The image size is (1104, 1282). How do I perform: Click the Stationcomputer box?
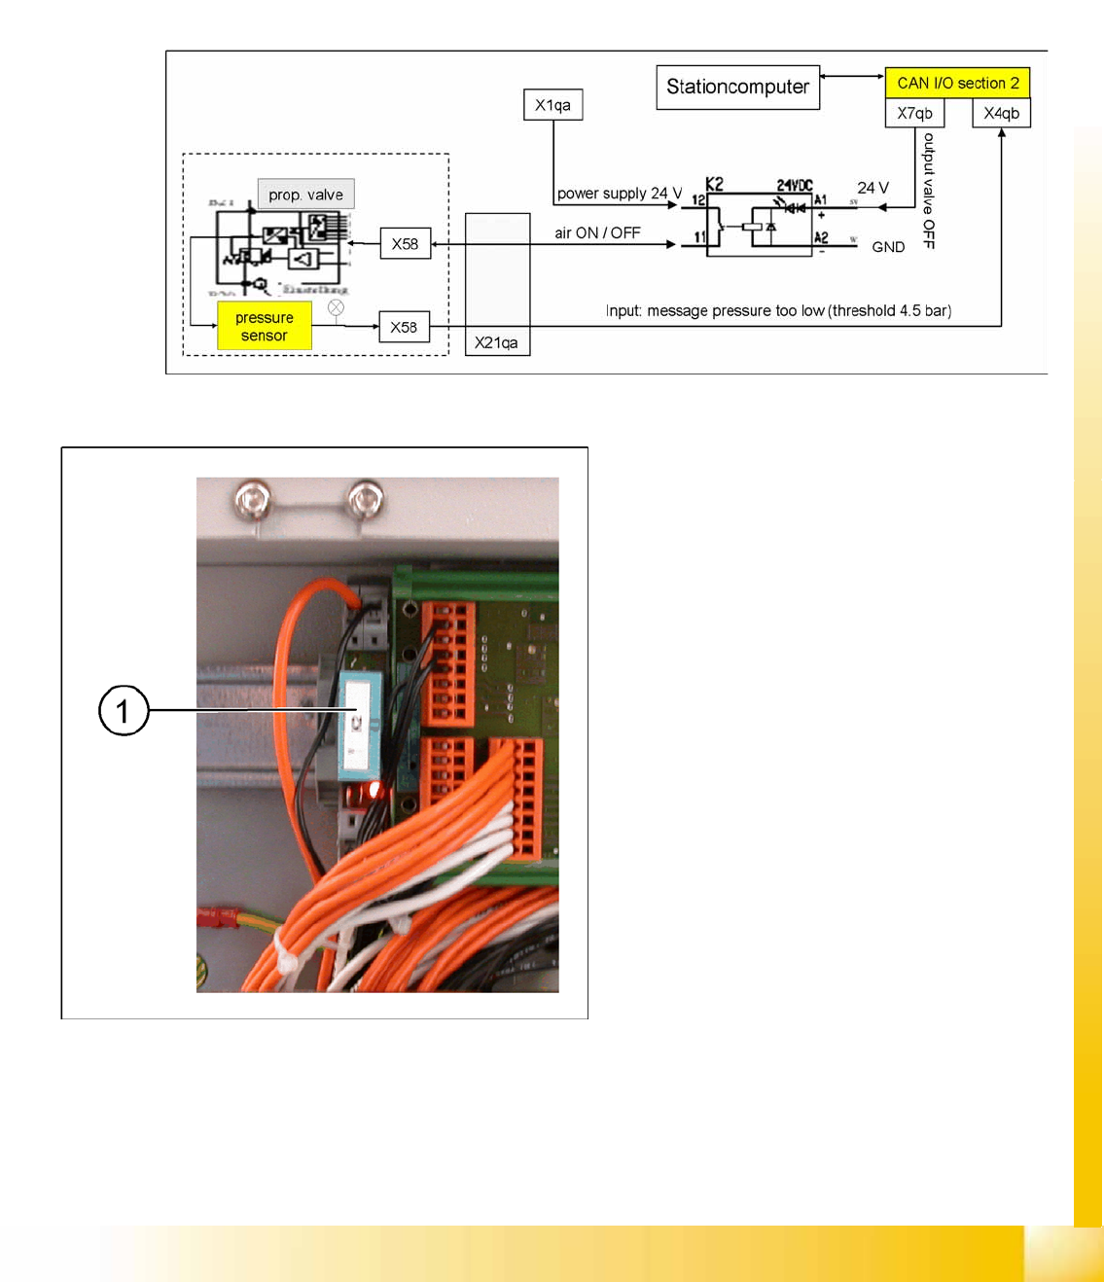point(737,88)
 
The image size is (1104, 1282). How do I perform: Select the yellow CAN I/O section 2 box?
point(957,83)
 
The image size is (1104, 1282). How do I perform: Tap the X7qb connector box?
point(914,113)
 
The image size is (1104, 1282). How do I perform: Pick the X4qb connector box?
point(1001,113)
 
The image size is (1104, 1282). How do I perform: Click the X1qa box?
point(552,105)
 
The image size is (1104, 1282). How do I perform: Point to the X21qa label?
point(496,342)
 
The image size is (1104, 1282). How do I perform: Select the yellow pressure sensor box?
point(264,327)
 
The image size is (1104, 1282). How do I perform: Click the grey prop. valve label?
point(305,195)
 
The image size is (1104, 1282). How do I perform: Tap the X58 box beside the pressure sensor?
point(404,327)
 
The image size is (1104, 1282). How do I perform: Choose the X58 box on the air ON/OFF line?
point(405,243)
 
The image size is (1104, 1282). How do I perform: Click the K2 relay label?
point(715,184)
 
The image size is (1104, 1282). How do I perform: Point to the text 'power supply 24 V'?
point(619,194)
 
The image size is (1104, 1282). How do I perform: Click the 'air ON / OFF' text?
point(597,233)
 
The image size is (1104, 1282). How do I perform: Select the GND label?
point(888,247)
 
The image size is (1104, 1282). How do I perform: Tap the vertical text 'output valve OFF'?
point(929,191)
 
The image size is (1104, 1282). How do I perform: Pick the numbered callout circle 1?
point(124,710)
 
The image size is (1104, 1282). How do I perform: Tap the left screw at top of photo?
point(253,501)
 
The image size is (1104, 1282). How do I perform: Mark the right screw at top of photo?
point(366,500)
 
